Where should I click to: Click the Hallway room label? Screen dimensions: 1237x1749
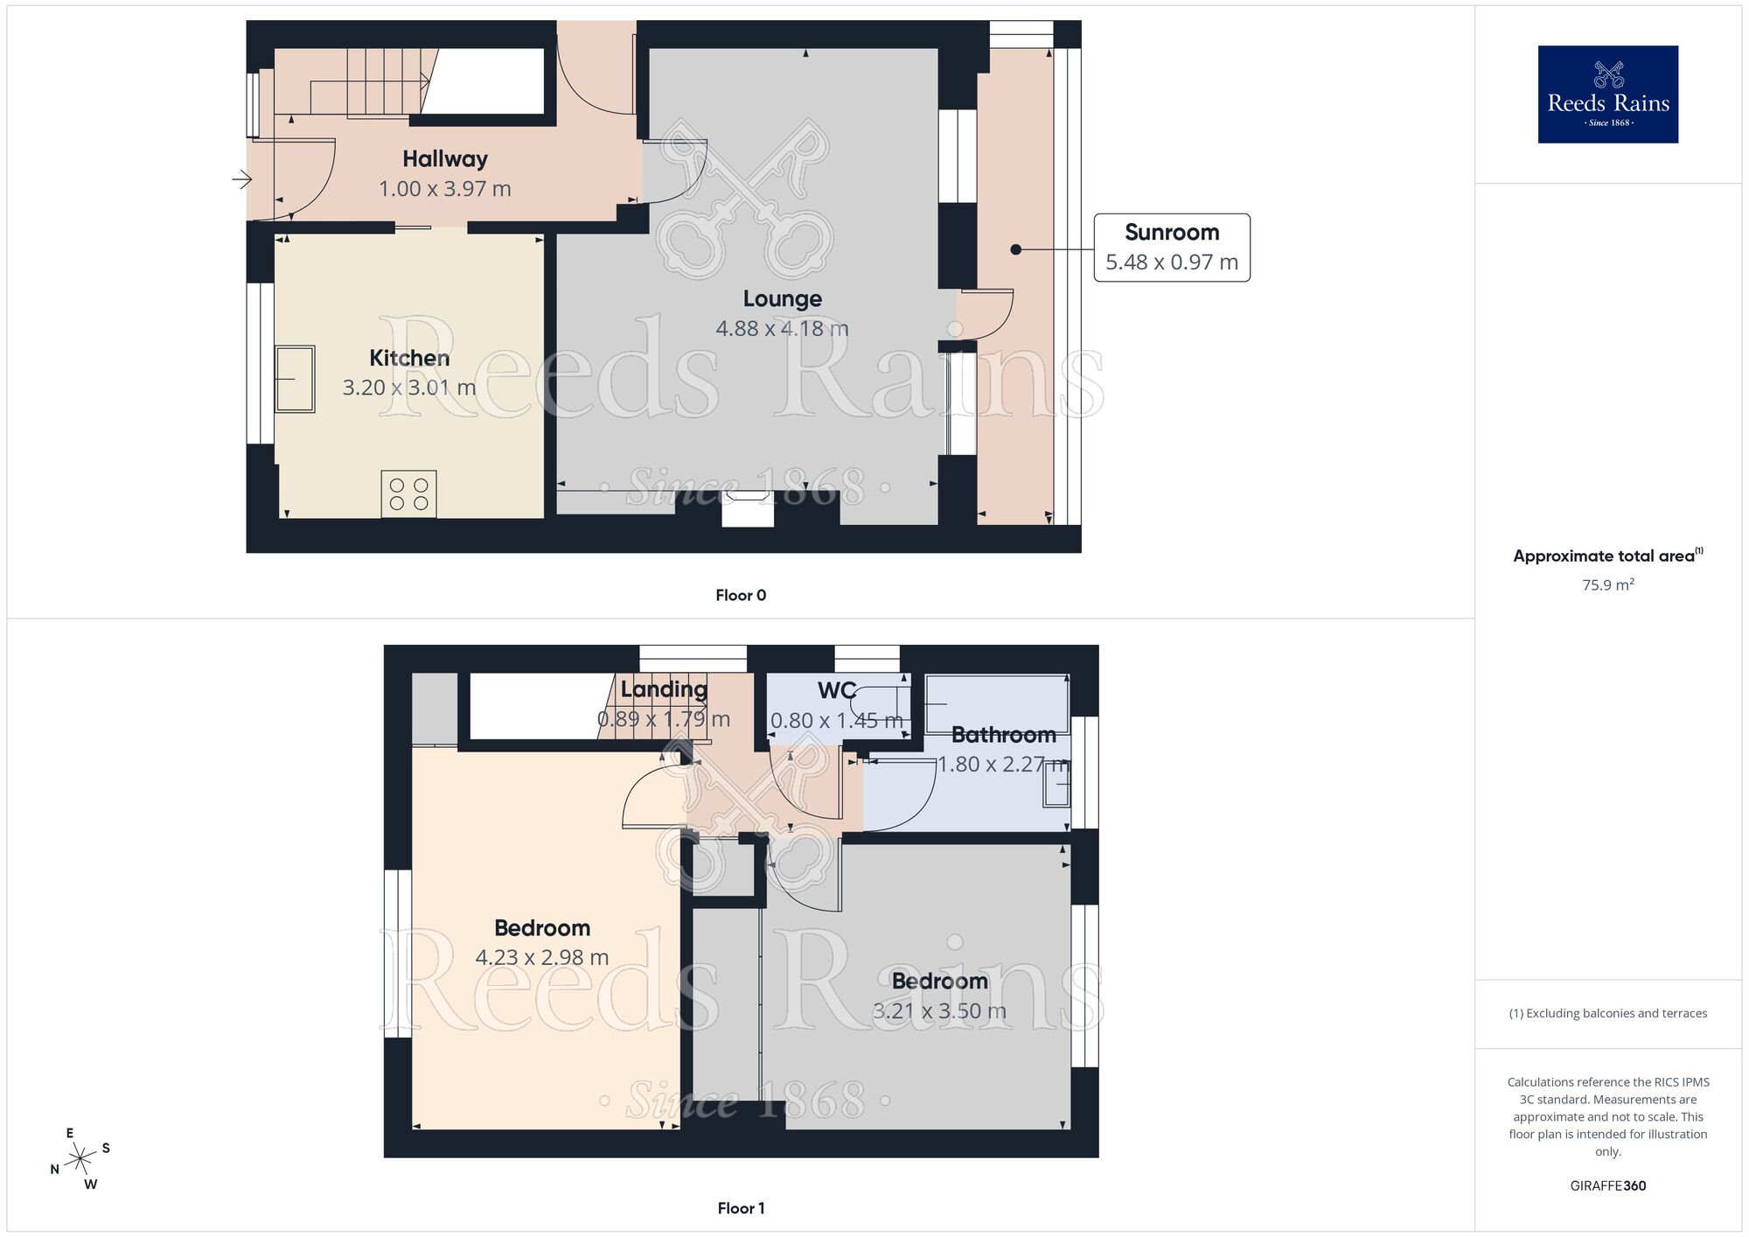[x=444, y=159]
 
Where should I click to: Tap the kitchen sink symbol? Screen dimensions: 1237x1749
[x=295, y=379]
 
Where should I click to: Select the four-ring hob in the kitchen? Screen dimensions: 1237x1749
[x=408, y=494]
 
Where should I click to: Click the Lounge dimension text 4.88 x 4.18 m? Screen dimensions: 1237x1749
[x=782, y=329]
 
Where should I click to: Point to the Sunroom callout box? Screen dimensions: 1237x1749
[x=1171, y=248]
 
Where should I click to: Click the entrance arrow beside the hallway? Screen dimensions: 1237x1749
[x=241, y=180]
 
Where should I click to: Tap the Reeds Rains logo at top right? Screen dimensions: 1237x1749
[x=1607, y=94]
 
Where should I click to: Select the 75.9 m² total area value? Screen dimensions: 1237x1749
[x=1607, y=585]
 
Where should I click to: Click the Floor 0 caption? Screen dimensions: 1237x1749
[x=740, y=596]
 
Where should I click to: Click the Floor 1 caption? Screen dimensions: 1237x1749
[x=740, y=1208]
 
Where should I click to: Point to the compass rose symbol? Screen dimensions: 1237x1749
[x=80, y=1159]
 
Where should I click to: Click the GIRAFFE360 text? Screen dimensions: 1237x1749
[x=1607, y=1186]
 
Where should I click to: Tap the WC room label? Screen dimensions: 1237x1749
[x=836, y=690]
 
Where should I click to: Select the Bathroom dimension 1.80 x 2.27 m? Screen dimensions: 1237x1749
[x=1002, y=765]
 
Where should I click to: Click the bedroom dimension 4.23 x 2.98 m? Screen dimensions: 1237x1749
[x=541, y=958]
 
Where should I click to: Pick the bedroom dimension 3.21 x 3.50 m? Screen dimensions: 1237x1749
[x=939, y=1011]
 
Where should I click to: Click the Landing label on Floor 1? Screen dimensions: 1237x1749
[x=664, y=689]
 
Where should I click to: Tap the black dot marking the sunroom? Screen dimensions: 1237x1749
[x=1015, y=250]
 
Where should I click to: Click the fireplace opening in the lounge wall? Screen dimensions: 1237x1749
[x=748, y=511]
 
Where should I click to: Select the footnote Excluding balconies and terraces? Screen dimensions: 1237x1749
[x=1607, y=1014]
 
